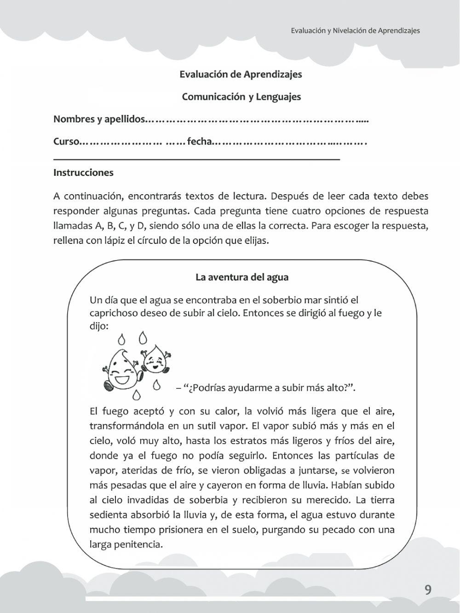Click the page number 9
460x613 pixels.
point(428,590)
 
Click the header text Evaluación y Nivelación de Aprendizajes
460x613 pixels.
point(355,30)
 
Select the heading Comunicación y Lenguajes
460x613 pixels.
point(241,97)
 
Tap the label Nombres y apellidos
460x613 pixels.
point(98,119)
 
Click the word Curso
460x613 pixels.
point(67,141)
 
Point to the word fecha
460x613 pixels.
point(199,141)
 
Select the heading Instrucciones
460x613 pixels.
point(83,173)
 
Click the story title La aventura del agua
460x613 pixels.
point(242,277)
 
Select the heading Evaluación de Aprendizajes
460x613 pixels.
point(241,74)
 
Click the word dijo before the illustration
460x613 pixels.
point(98,326)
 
